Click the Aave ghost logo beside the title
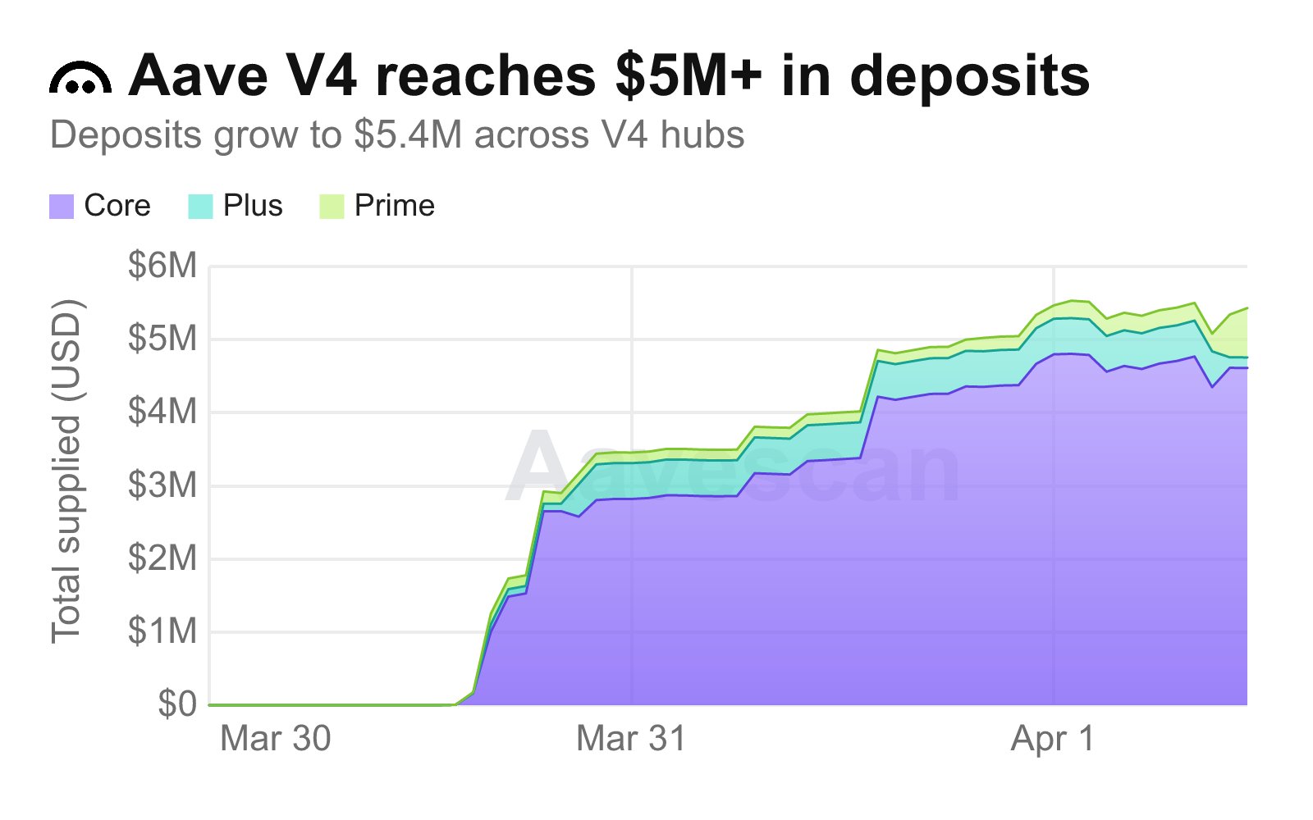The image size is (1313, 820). [x=80, y=79]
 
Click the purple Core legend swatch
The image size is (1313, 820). [x=62, y=206]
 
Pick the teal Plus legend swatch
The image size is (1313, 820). [x=200, y=206]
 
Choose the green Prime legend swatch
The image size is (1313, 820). [x=332, y=206]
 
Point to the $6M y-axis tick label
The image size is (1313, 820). [x=162, y=266]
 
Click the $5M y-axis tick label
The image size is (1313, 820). [x=162, y=339]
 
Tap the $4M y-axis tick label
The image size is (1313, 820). [x=162, y=412]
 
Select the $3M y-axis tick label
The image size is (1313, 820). [x=162, y=485]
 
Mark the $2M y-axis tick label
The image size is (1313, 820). [x=162, y=558]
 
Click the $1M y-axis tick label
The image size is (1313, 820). [x=162, y=631]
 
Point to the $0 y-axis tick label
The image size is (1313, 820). [x=177, y=704]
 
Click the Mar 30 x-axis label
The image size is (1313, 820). [x=276, y=739]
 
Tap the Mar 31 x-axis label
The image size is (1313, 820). [x=631, y=739]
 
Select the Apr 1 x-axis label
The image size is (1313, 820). [x=1053, y=739]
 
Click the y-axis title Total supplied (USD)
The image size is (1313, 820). [x=66, y=472]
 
